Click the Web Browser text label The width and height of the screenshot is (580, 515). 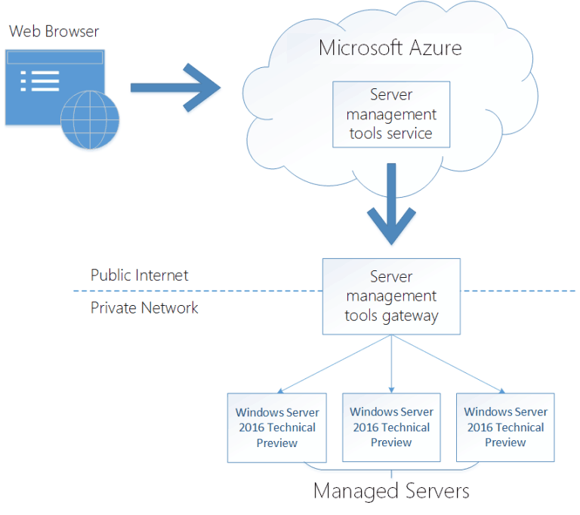click(54, 32)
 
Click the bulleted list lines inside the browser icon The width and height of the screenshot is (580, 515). click(40, 80)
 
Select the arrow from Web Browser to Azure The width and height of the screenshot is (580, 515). click(175, 88)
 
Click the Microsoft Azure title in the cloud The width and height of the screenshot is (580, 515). click(390, 48)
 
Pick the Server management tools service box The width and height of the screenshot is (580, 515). click(391, 114)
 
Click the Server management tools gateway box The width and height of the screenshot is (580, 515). click(391, 297)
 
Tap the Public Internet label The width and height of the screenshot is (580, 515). click(140, 275)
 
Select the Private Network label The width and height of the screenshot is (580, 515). click(144, 307)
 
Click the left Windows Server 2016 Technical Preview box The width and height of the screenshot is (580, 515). click(277, 427)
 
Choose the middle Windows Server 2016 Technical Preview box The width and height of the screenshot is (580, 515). click(391, 427)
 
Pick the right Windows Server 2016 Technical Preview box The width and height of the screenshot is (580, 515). click(505, 427)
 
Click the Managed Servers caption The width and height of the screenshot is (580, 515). click(391, 491)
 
